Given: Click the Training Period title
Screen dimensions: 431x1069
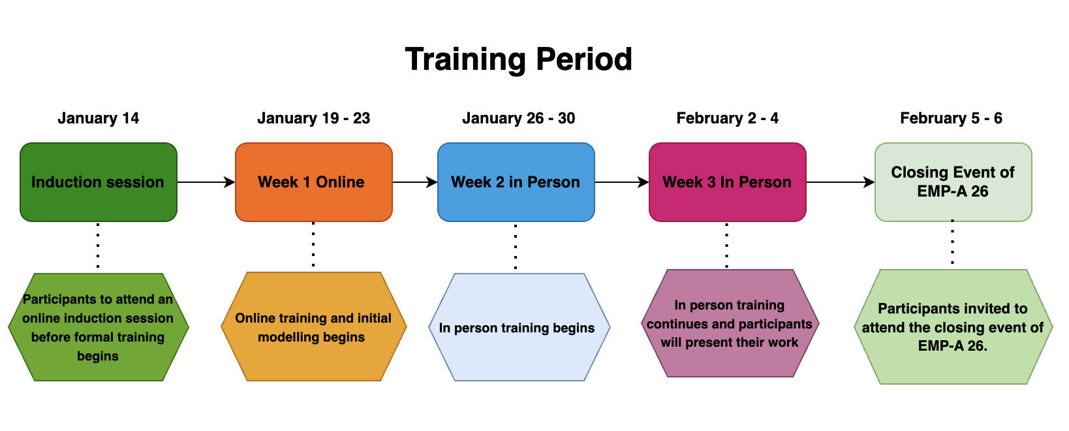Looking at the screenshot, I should click(518, 59).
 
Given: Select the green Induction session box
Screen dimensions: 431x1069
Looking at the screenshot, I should click(98, 182).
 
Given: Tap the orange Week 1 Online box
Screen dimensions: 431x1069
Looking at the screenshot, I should click(313, 182).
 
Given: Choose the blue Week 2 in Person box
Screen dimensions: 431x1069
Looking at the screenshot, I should click(516, 182).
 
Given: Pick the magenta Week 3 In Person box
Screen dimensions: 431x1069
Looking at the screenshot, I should click(727, 182).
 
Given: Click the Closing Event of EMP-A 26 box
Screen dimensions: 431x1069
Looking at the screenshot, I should click(953, 182).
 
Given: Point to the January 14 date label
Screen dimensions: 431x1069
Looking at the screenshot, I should click(98, 118).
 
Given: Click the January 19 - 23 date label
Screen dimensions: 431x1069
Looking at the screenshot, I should click(313, 118).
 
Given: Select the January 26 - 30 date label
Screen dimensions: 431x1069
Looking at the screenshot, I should click(518, 118).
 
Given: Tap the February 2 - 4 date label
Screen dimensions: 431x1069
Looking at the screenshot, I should click(727, 118).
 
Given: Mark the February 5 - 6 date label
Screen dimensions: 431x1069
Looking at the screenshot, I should click(951, 118).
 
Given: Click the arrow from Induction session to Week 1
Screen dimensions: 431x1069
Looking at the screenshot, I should click(206, 182).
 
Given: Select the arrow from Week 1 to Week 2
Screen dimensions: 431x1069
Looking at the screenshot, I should click(414, 182).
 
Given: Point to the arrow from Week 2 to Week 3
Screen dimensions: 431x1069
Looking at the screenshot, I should click(621, 182).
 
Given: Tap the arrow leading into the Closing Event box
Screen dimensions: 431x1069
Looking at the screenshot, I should click(840, 182).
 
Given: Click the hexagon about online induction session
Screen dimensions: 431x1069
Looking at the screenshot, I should click(98, 327).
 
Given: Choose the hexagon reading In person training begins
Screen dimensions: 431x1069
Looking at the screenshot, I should click(518, 327).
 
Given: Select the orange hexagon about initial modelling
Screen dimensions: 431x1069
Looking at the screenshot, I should click(313, 327).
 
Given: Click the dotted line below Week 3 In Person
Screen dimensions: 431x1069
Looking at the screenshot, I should click(726, 246).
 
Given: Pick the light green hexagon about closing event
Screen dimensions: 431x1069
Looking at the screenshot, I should click(953, 327).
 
